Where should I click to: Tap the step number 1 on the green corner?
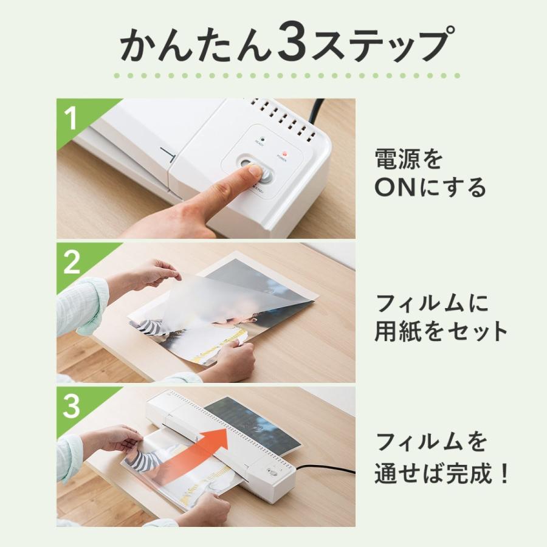72,118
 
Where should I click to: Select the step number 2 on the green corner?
72,263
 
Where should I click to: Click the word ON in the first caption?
394,188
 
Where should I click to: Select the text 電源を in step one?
408,159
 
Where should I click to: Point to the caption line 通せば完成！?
441,475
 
